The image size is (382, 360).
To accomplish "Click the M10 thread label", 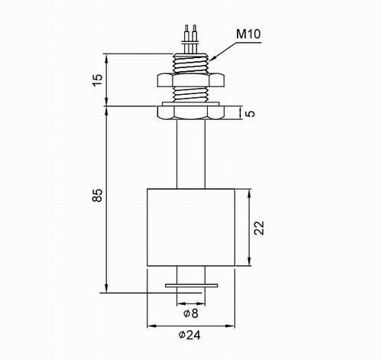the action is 248,34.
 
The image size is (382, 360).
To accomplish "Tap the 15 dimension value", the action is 97,79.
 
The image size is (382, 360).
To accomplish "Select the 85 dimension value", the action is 97,196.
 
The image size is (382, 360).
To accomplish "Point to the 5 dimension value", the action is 251,113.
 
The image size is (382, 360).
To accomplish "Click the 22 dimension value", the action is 260,228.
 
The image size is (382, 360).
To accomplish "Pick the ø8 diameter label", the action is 191,313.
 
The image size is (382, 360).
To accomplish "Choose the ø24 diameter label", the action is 189,335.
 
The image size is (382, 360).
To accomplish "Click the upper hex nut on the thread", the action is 191,79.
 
